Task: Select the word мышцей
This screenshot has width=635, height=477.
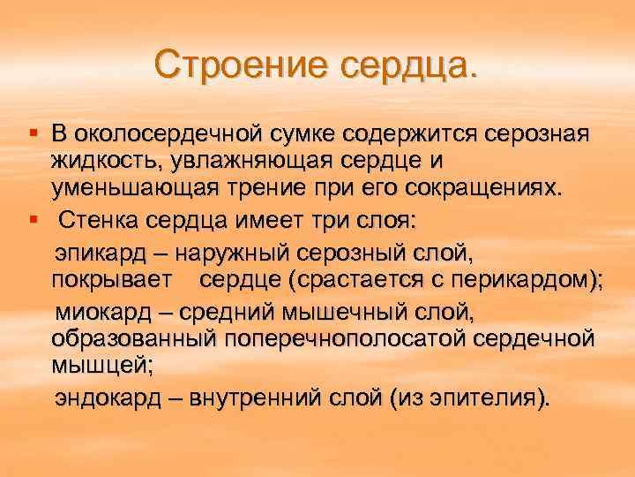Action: coord(93,368)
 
